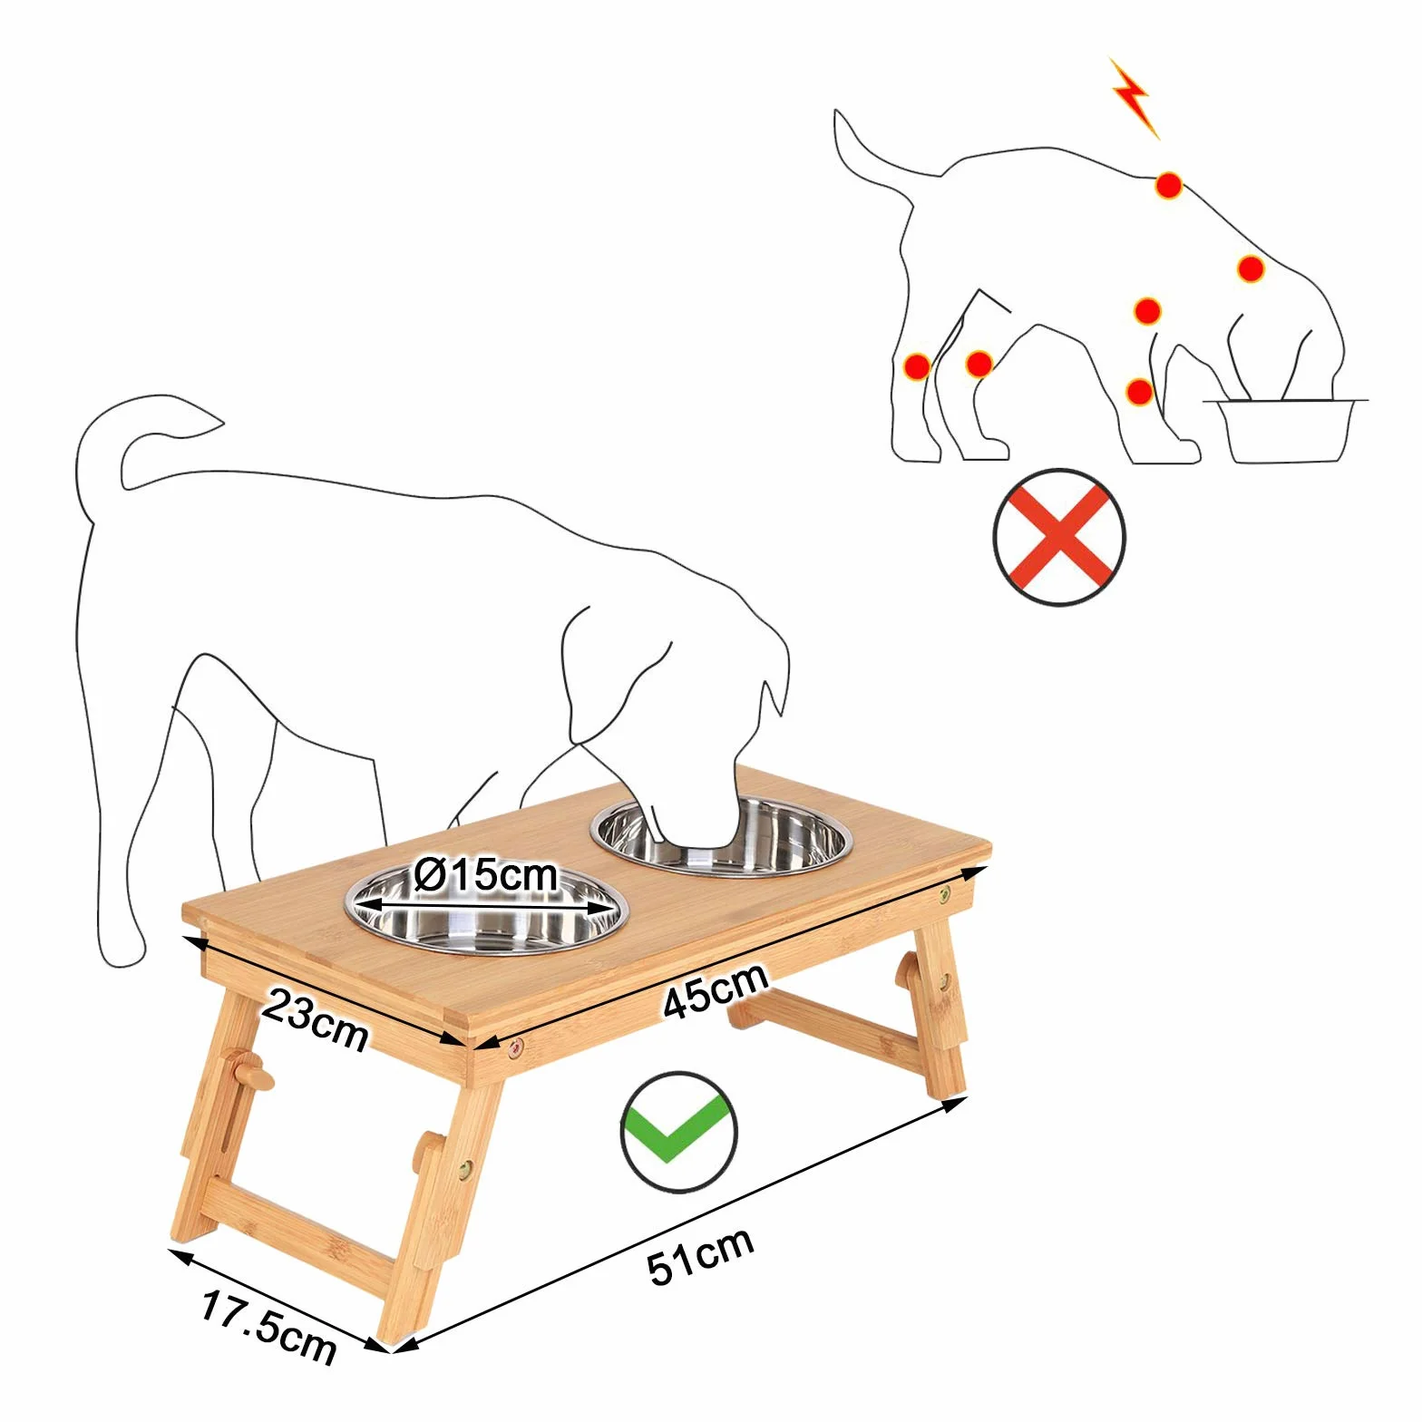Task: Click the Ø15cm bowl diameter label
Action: click(485, 875)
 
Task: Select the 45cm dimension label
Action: click(716, 990)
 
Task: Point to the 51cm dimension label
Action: click(700, 1256)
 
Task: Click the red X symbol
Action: click(1059, 537)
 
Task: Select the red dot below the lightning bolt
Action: click(1168, 186)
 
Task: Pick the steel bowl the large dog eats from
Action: click(722, 836)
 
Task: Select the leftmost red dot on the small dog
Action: click(917, 366)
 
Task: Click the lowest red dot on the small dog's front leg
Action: click(1139, 393)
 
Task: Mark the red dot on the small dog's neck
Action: click(1251, 268)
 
